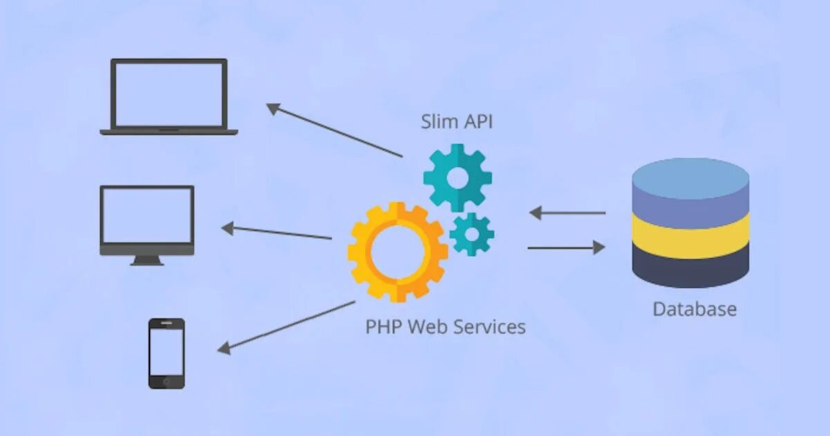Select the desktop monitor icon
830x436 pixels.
tap(147, 220)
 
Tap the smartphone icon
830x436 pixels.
tap(167, 353)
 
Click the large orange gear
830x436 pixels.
tap(397, 252)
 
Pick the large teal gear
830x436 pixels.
tap(457, 178)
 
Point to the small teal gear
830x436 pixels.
tap(472, 234)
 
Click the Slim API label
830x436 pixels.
tap(456, 122)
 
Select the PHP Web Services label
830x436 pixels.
tap(445, 327)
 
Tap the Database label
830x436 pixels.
tap(694, 309)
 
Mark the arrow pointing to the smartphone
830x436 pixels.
tap(286, 325)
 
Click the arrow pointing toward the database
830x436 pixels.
tap(566, 247)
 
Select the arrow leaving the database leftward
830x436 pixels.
tap(567, 212)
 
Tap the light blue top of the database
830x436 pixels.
tap(690, 176)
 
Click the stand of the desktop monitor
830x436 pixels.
tap(147, 261)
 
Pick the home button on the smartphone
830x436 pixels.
tap(167, 381)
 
